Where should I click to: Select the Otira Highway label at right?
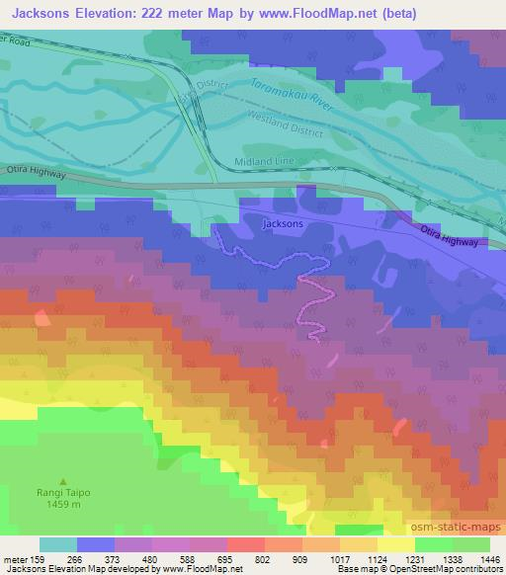click(x=449, y=236)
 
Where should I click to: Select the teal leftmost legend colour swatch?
click(x=57, y=543)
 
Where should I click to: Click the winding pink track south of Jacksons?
click(x=312, y=306)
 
